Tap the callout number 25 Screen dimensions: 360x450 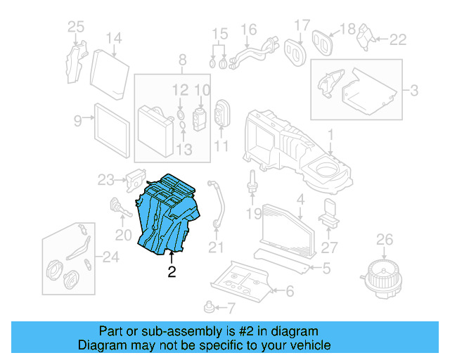[x=75, y=27]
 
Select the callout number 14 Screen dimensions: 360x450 [x=113, y=38]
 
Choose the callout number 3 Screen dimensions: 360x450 [x=413, y=91]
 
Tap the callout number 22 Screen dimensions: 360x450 [x=398, y=40]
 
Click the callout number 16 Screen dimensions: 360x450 [x=249, y=30]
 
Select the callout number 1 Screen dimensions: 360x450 [x=330, y=134]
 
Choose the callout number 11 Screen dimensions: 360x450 [x=221, y=146]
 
